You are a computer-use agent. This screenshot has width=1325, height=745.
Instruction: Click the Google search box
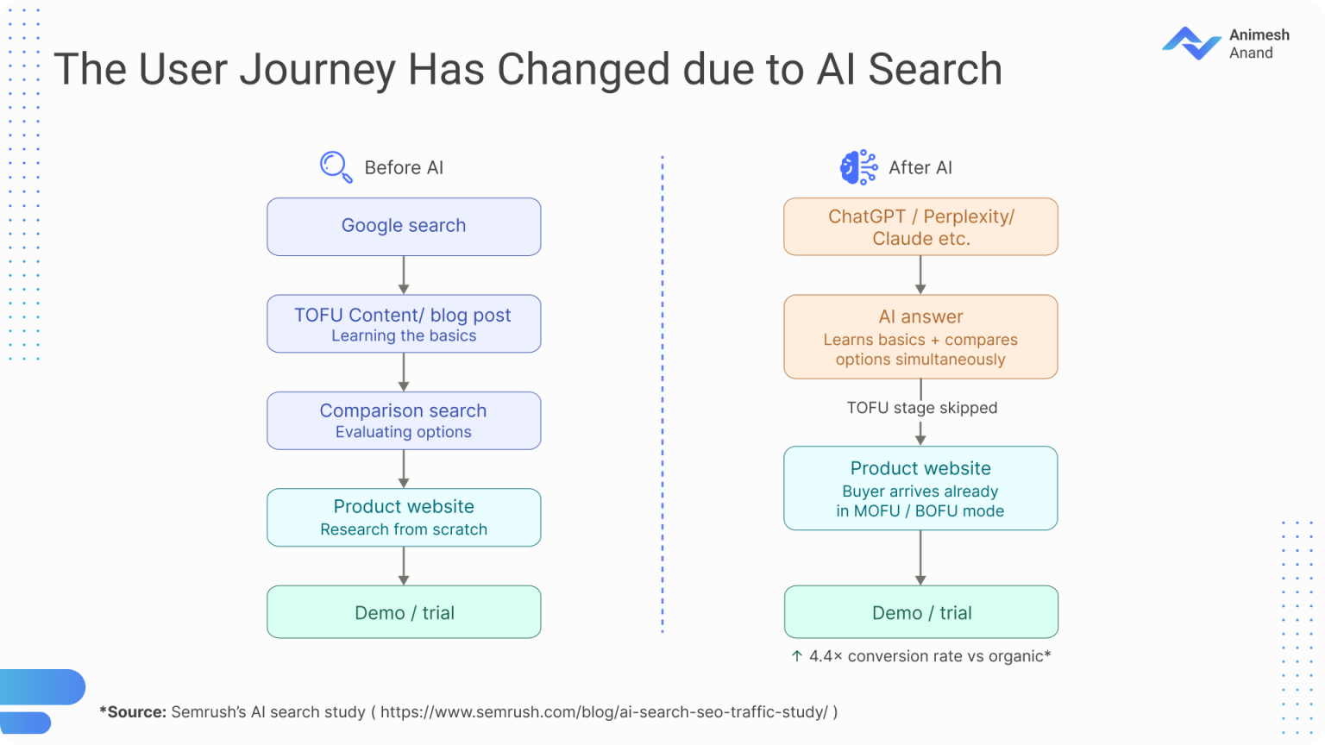[x=404, y=227]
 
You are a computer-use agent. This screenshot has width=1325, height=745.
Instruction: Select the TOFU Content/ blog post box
[x=404, y=323]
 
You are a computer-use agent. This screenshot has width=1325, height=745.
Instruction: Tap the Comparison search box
[x=404, y=421]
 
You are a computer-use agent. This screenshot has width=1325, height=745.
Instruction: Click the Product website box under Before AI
[x=404, y=517]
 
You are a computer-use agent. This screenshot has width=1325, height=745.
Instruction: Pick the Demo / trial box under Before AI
[x=404, y=612]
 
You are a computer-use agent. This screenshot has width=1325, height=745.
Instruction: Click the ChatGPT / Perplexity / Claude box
[x=920, y=227]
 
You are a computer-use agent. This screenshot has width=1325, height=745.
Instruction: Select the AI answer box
[x=920, y=336]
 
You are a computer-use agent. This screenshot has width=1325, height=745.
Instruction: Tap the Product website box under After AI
[x=920, y=488]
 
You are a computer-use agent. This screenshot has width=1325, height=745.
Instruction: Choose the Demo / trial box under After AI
[x=920, y=612]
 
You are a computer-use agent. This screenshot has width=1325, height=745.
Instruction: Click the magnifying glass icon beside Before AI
[x=336, y=166]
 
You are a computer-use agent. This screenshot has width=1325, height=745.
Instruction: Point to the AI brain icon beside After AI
[x=859, y=166]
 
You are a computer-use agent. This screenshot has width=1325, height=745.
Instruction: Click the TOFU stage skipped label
[x=921, y=407]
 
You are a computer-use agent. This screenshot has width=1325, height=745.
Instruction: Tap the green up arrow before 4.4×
[x=797, y=655]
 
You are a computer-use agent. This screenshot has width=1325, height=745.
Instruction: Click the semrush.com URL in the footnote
[x=604, y=712]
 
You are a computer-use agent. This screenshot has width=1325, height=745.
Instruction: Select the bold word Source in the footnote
[x=136, y=712]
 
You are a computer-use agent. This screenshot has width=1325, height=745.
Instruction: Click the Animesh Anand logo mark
[x=1191, y=43]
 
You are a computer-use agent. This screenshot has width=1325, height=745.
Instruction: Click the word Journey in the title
[x=317, y=70]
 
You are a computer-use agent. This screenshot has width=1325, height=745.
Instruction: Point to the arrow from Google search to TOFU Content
[x=404, y=275]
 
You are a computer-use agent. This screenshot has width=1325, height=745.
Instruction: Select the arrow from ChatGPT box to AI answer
[x=920, y=275]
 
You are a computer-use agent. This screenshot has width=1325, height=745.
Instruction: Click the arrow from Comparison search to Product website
[x=404, y=469]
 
